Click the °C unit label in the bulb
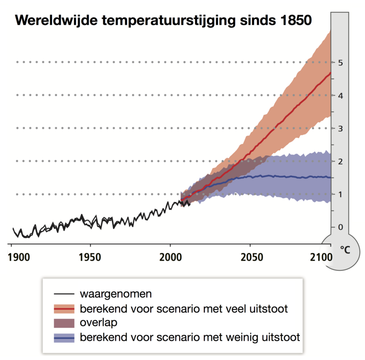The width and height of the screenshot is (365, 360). pyautogui.click(x=345, y=250)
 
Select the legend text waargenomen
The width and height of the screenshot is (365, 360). pyautogui.click(x=116, y=294)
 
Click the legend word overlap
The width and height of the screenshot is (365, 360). pyautogui.click(x=99, y=323)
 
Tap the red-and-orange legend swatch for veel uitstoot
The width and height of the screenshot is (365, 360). pyautogui.click(x=64, y=309)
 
